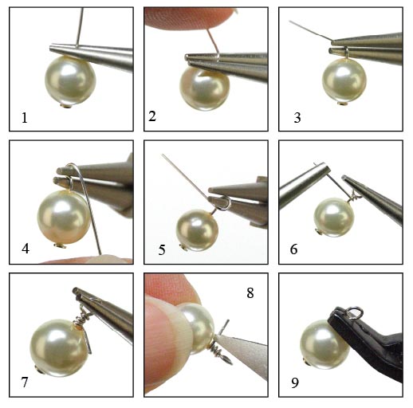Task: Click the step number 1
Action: pyautogui.click(x=25, y=118)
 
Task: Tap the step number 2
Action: pyautogui.click(x=152, y=116)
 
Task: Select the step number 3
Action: pyautogui.click(x=297, y=118)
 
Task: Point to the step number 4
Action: pyautogui.click(x=26, y=249)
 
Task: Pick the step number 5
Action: pyautogui.click(x=162, y=250)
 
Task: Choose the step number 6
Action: pyautogui.click(x=293, y=249)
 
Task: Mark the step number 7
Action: pyautogui.click(x=25, y=382)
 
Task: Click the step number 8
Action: pyautogui.click(x=250, y=293)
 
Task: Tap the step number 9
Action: pyautogui.click(x=295, y=382)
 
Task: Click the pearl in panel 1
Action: pyautogui.click(x=70, y=80)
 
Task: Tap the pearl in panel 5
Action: pyautogui.click(x=197, y=230)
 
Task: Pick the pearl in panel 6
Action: pyautogui.click(x=334, y=218)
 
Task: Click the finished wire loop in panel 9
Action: pyautogui.click(x=355, y=312)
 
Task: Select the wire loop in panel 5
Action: pyautogui.click(x=223, y=203)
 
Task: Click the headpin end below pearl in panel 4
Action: pyautogui.click(x=60, y=246)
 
